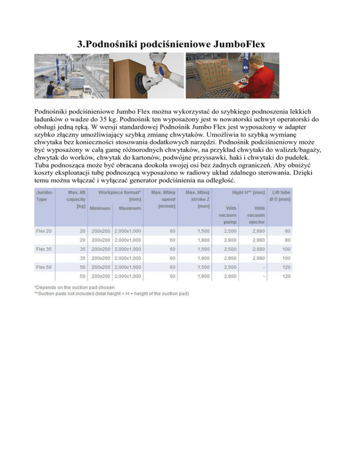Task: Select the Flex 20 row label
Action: coord(44,231)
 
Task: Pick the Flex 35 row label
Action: coord(44,248)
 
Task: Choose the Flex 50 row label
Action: coord(44,267)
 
